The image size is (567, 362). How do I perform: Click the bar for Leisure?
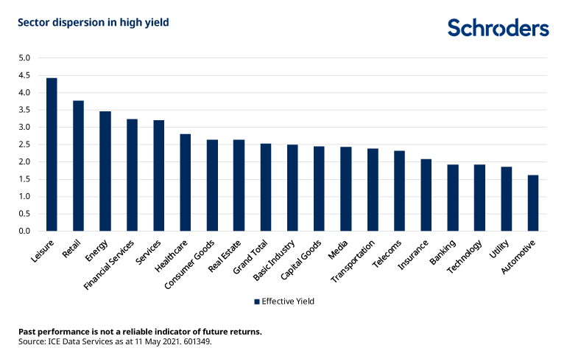52,155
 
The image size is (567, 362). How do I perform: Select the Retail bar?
78,166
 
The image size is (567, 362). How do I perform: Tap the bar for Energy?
105,171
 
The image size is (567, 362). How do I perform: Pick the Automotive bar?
533,203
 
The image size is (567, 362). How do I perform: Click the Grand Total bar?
266,187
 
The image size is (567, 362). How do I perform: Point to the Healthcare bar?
186,183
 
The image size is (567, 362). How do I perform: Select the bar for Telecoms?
399,191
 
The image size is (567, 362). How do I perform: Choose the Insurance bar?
426,195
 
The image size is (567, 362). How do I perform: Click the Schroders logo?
498,28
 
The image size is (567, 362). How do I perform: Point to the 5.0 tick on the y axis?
24,58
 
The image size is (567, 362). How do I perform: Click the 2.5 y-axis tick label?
24,145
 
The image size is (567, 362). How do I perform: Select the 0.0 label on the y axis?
24,232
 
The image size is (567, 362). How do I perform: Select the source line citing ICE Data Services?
115,342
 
